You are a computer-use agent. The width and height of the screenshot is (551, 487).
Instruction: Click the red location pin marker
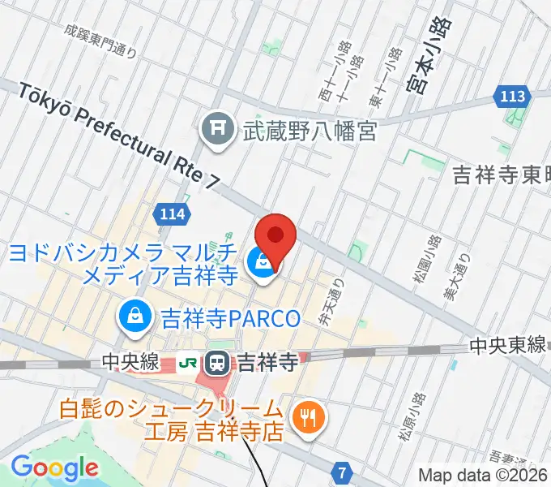[x=275, y=236]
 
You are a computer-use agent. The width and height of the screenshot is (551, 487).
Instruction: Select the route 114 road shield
[x=173, y=214]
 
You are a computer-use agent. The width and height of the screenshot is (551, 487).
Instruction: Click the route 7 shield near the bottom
[x=344, y=472]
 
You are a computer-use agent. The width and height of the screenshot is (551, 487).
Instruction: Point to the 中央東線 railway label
[x=509, y=347]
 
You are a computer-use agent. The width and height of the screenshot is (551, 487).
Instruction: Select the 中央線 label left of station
[x=130, y=363]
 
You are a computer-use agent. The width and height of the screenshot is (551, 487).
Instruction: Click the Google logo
[x=54, y=468]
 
